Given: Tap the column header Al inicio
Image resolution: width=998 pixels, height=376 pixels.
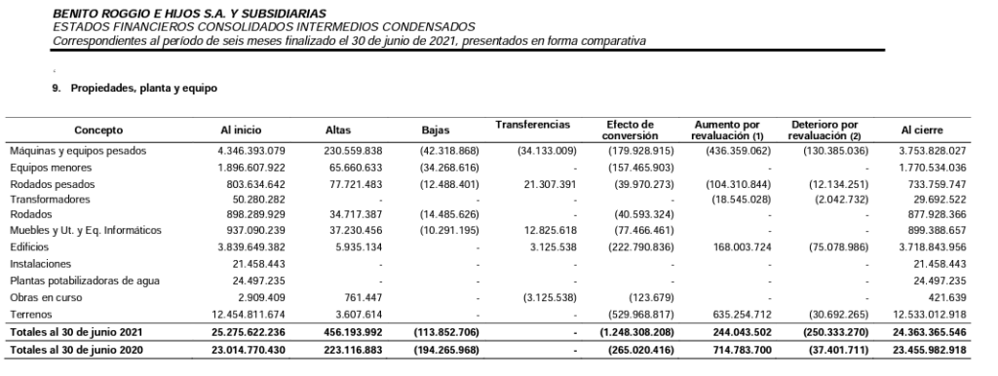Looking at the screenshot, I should pyautogui.click(x=241, y=130).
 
